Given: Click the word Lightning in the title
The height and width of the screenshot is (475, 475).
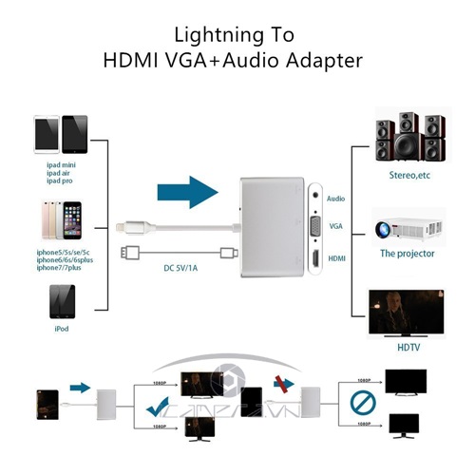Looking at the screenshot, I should click(x=209, y=35).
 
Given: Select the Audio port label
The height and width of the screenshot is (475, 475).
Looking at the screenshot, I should click(x=335, y=199).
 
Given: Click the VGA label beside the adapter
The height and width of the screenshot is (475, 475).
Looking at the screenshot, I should click(x=335, y=227).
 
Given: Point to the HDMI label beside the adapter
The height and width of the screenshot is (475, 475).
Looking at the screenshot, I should click(x=336, y=257).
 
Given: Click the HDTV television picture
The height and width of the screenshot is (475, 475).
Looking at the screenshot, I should click(x=408, y=313).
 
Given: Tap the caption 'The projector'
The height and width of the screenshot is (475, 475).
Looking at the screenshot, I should click(x=408, y=254).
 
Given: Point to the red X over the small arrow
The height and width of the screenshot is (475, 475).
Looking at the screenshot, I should click(x=280, y=385).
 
